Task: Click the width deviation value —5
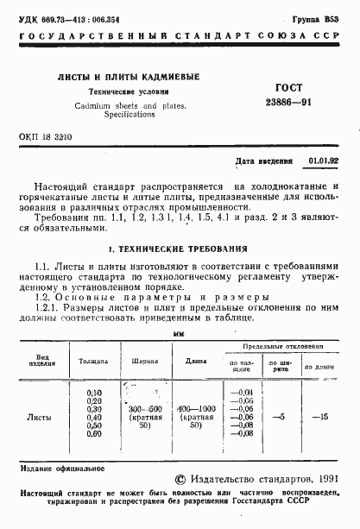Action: (x=277, y=417)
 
